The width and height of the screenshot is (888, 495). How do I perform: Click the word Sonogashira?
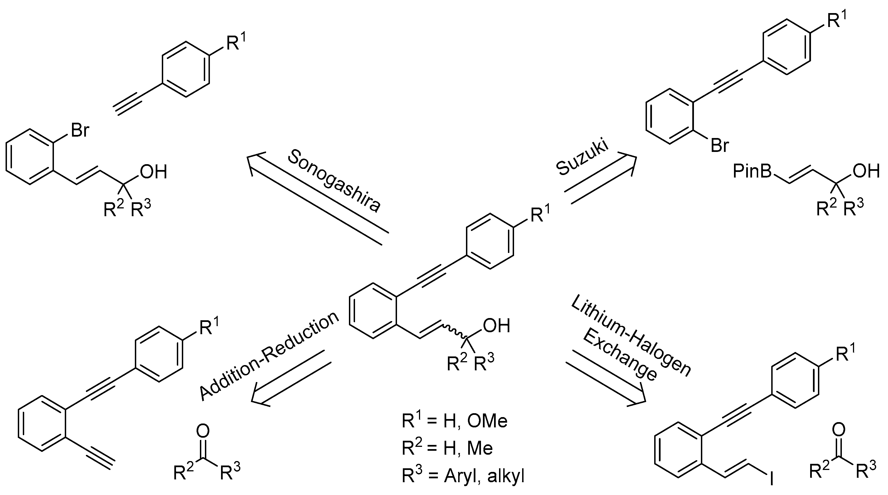pos(334,181)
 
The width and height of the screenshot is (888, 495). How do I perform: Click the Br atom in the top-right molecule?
pos(720,146)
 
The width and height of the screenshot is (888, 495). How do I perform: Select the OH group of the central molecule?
pos(496,326)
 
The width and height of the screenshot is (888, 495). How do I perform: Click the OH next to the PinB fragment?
pos(867,171)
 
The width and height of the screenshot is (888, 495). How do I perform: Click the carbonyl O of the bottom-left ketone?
pos(203,431)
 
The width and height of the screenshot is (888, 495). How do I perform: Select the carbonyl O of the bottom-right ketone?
pos(838,430)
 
